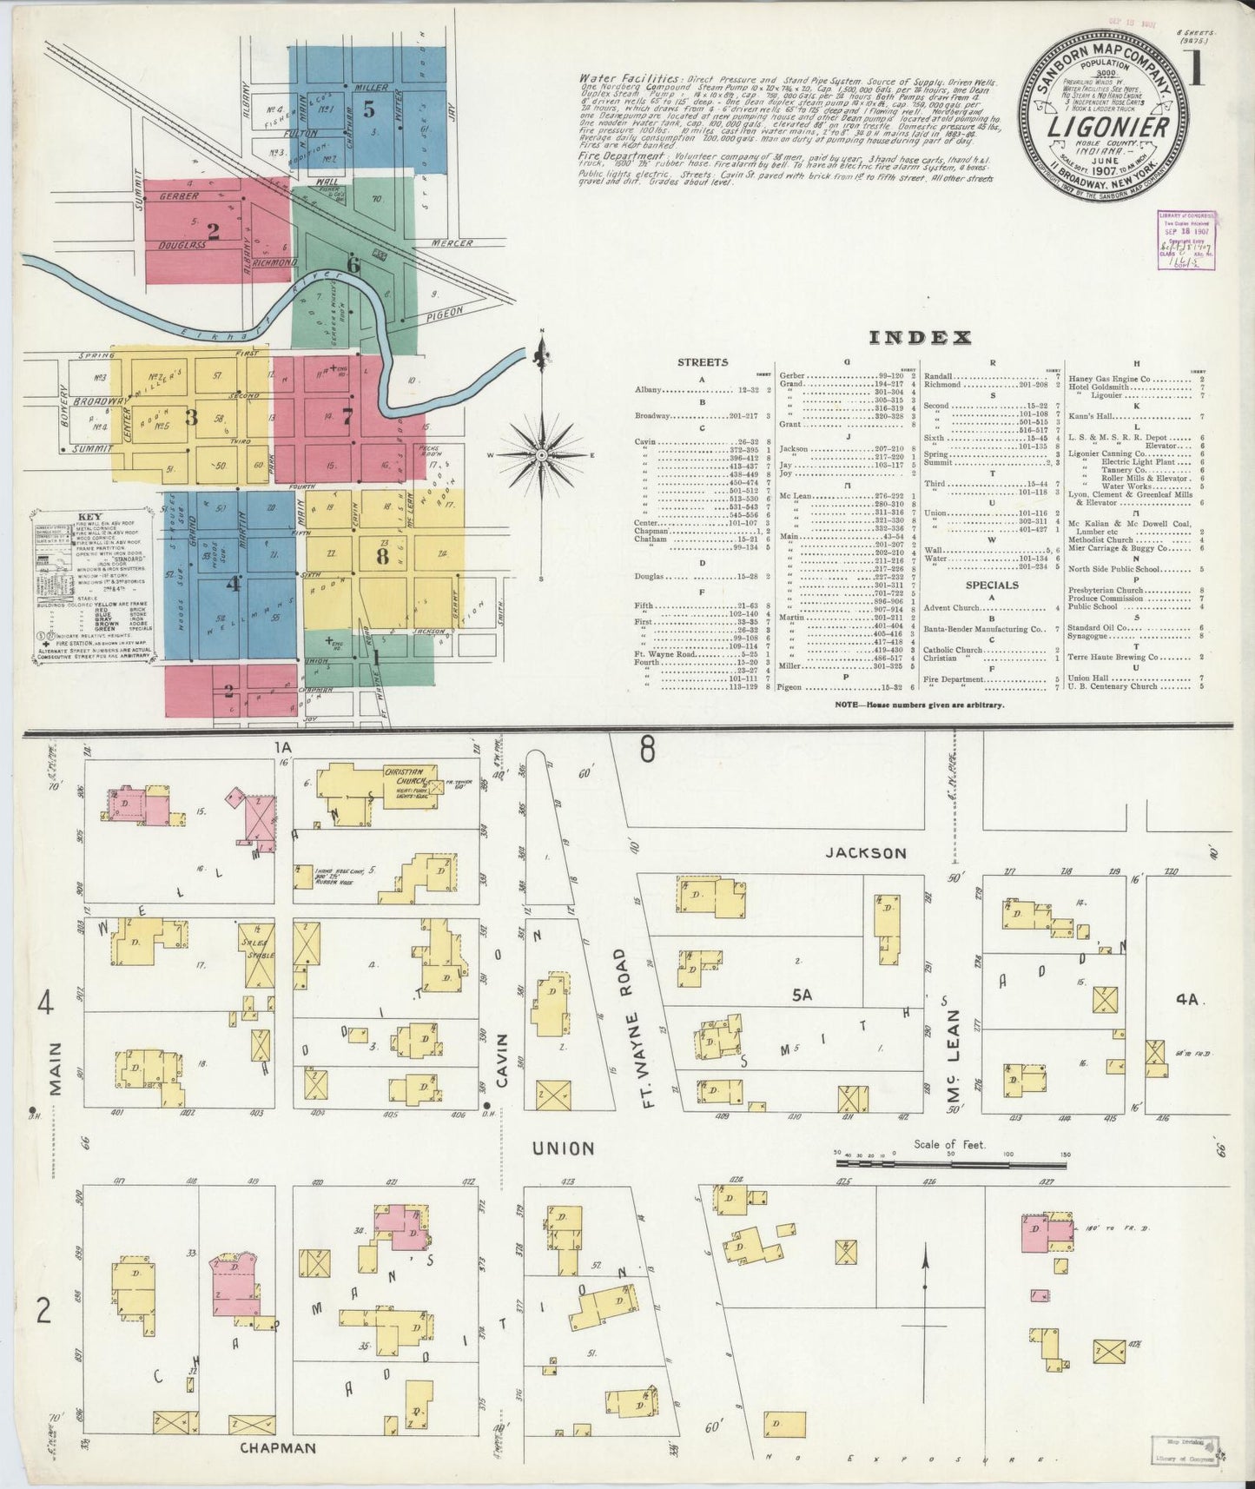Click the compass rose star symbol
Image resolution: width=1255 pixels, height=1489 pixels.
pos(542,454)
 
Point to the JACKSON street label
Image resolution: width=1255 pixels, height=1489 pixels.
pos(867,853)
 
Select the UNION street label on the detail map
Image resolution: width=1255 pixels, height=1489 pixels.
pos(563,1148)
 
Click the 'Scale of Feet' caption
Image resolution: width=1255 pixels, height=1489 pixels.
pos(949,1144)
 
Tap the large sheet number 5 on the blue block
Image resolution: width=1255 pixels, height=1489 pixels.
pos(369,109)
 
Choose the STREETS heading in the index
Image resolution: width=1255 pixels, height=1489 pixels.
pos(703,363)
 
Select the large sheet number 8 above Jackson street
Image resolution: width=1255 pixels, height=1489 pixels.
pos(648,749)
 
